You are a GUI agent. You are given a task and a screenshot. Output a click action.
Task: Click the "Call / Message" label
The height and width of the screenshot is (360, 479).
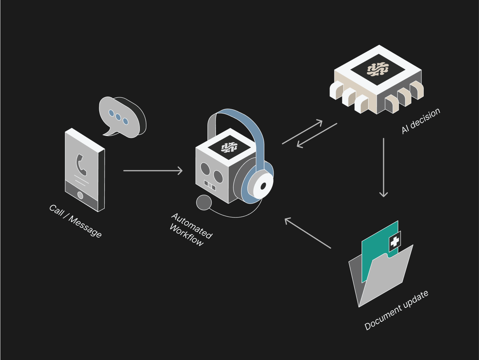75,221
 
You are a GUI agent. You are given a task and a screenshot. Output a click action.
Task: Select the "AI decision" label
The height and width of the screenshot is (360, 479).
421,121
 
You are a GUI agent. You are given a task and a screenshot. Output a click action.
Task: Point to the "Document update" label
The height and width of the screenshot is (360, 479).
396,310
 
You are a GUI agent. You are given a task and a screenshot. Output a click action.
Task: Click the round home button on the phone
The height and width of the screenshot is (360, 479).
80,195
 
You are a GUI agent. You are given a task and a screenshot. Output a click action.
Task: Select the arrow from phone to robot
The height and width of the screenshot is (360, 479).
153,170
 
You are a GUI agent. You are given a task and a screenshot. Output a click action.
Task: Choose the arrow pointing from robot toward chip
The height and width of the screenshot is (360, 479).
302,132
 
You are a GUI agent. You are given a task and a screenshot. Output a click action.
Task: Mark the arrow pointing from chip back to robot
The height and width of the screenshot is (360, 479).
317,135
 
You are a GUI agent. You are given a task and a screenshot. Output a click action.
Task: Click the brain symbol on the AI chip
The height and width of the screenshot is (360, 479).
377,69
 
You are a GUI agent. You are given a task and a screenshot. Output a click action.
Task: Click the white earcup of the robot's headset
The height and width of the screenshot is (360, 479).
263,185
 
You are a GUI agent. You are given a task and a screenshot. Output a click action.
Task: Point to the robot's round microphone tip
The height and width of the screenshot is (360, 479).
204,202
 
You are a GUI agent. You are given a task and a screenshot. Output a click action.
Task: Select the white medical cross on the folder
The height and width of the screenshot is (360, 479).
395,242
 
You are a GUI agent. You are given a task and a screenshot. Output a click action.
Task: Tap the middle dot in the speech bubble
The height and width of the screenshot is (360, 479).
118,117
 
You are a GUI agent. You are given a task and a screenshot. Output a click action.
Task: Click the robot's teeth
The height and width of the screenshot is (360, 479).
211,185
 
